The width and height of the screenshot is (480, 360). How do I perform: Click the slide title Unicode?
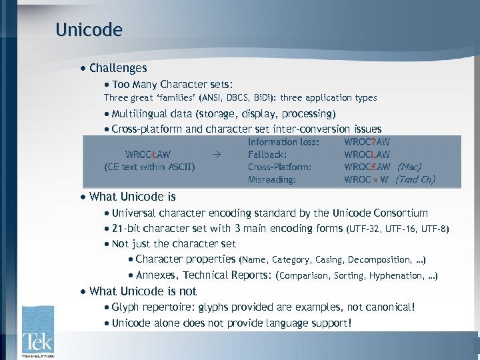point(89,30)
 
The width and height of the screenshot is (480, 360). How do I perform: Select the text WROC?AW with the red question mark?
point(367,142)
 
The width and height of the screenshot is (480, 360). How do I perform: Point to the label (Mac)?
point(409,167)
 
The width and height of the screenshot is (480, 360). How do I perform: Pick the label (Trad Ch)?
point(415,179)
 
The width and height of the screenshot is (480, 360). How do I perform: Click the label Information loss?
point(283,142)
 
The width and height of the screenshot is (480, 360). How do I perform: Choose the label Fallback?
point(267,154)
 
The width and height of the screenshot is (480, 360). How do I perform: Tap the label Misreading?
point(271,179)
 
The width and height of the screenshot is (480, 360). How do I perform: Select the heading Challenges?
point(118,68)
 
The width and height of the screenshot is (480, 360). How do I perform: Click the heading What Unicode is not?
point(143,291)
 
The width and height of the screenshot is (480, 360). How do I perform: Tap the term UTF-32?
point(365,229)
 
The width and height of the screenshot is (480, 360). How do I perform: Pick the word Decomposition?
point(375,260)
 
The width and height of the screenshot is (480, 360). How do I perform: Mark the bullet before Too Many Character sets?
point(107,85)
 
